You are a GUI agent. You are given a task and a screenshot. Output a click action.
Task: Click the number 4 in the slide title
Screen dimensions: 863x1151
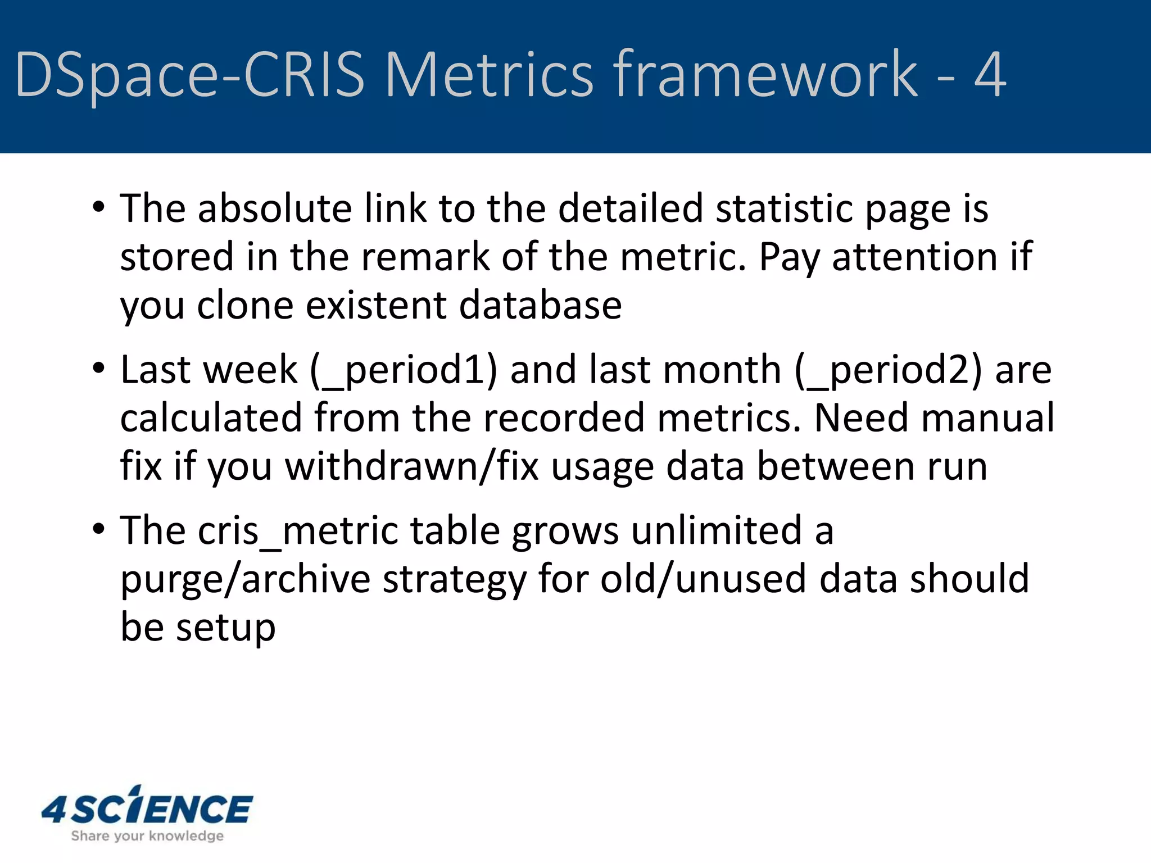pyautogui.click(x=990, y=75)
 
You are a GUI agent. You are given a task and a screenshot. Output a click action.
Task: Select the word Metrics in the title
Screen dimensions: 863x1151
pyautogui.click(x=489, y=75)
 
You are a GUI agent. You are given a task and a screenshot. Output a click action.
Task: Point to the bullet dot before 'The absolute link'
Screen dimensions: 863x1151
pyautogui.click(x=99, y=207)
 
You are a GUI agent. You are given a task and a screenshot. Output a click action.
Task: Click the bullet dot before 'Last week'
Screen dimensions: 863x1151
pyautogui.click(x=99, y=369)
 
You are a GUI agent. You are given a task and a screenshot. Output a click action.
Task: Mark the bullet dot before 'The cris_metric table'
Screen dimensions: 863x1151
pyautogui.click(x=99, y=529)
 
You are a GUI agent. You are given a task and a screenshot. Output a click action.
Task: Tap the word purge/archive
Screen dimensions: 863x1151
pyautogui.click(x=246, y=579)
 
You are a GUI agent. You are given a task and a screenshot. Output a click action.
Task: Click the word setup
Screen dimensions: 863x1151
pyautogui.click(x=226, y=628)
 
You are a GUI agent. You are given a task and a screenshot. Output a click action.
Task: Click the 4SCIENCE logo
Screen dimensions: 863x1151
pyautogui.click(x=147, y=807)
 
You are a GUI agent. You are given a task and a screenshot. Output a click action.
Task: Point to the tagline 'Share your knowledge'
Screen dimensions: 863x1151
pyautogui.click(x=147, y=836)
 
